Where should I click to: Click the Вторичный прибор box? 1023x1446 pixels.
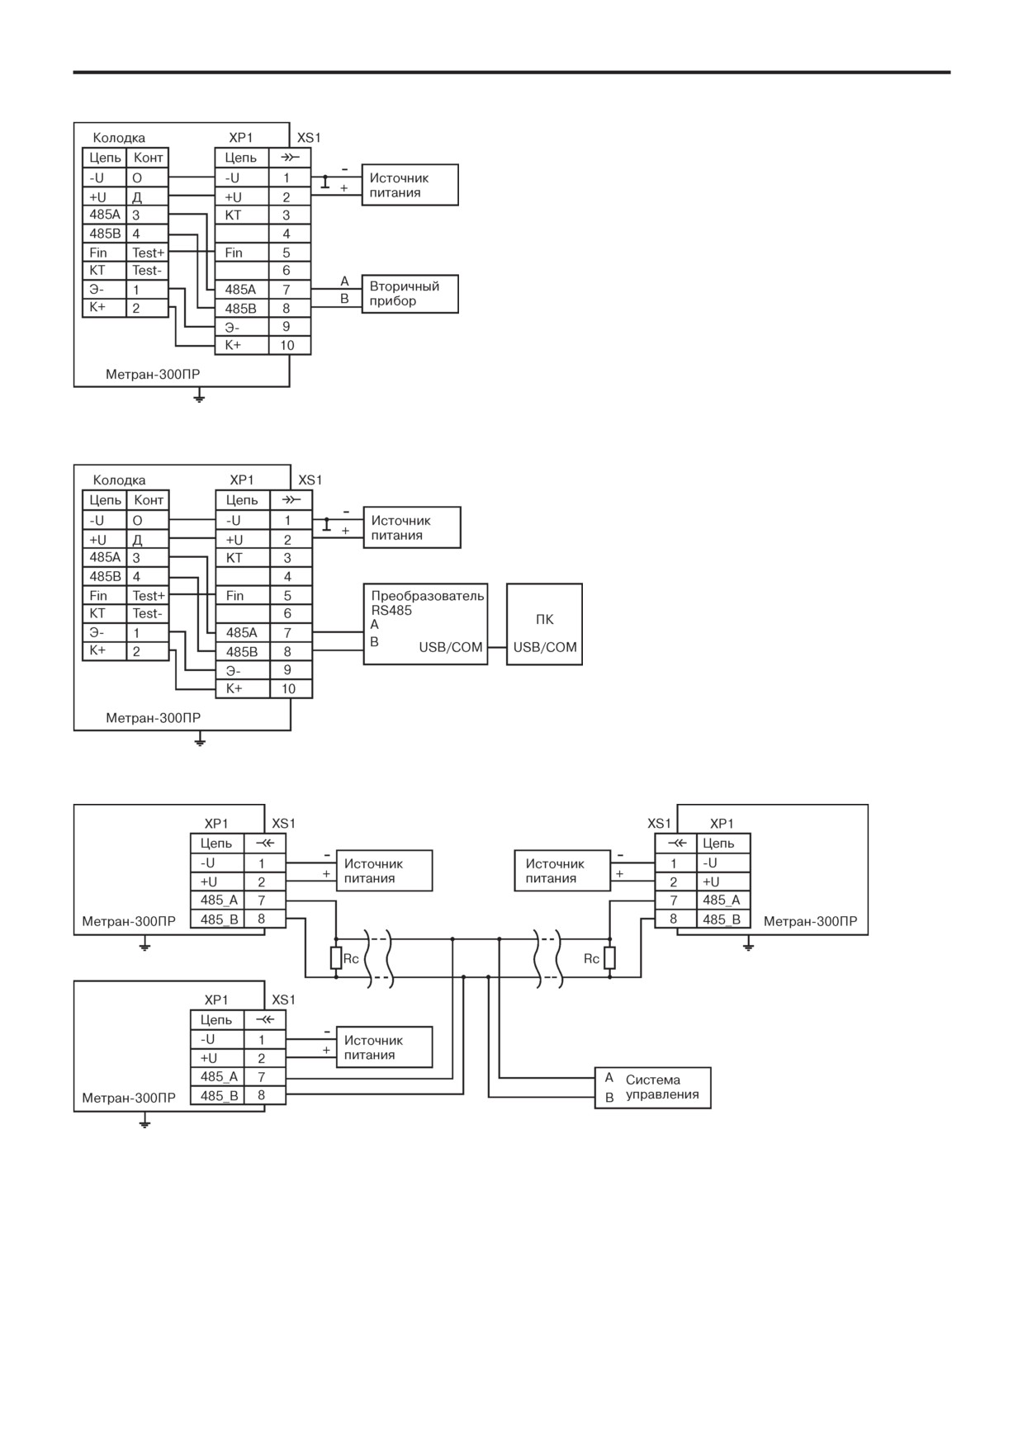click(x=410, y=294)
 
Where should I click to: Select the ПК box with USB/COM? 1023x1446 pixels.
click(x=544, y=624)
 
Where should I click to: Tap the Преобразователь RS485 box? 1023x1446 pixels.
click(x=426, y=624)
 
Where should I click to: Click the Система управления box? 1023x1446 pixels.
click(x=652, y=1088)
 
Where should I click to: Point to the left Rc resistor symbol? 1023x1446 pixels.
click(x=336, y=958)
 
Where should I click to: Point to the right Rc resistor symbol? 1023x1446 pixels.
click(x=609, y=958)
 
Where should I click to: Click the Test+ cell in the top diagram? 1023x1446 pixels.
click(x=148, y=253)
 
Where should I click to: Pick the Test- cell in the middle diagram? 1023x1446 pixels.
click(x=149, y=613)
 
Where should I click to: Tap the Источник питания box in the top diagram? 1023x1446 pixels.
click(x=410, y=185)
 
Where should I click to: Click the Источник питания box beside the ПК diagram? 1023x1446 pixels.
click(x=412, y=527)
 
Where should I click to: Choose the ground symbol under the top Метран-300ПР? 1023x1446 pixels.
click(x=199, y=398)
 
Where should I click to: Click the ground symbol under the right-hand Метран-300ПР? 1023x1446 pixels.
click(x=748, y=944)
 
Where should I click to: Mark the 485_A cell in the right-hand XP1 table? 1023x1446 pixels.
click(x=723, y=900)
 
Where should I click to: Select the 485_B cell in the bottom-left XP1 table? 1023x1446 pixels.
click(x=218, y=1096)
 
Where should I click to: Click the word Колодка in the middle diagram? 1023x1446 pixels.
click(x=119, y=480)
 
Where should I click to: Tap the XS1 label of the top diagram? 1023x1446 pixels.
click(x=309, y=138)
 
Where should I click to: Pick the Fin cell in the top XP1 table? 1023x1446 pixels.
click(x=242, y=253)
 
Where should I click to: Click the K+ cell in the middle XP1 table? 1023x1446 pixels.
click(x=243, y=688)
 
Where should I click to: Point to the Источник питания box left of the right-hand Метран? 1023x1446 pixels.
click(x=562, y=871)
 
